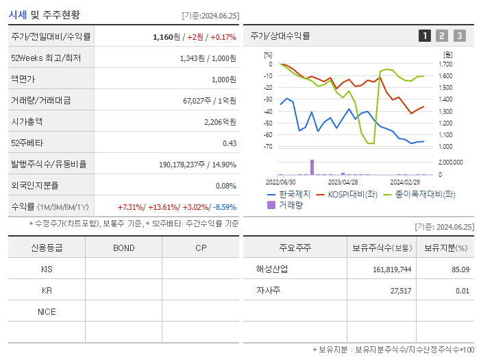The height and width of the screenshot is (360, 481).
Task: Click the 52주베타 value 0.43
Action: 229,143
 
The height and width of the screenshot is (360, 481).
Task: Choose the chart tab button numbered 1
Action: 425,36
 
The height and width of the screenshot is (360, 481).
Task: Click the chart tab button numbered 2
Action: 442,36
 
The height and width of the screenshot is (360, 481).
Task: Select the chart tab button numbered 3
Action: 459,36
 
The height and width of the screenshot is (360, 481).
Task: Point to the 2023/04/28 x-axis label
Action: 343,182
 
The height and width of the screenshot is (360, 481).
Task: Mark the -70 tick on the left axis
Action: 268,147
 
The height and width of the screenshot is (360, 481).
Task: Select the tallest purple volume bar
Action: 312,167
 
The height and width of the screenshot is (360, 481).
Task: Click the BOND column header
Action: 123,248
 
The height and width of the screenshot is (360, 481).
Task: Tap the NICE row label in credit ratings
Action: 47,311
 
